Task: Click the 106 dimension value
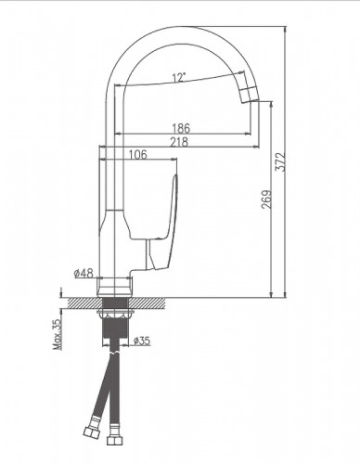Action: tap(138, 155)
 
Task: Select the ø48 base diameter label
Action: tap(84, 274)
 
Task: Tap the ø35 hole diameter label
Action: tap(143, 342)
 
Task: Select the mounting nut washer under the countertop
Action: tap(116, 315)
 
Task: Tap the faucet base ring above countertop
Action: tap(116, 284)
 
